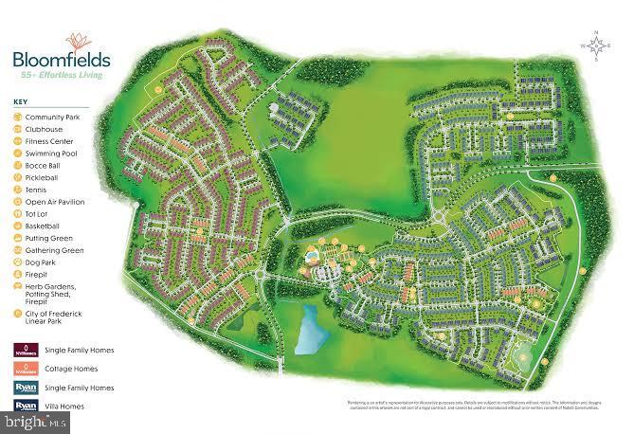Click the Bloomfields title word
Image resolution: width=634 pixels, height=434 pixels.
click(x=60, y=58)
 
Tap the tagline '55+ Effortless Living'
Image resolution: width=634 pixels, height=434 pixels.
click(x=60, y=72)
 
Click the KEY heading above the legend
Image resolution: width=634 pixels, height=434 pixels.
click(x=21, y=102)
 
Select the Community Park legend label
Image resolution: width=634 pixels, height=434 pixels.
click(x=52, y=117)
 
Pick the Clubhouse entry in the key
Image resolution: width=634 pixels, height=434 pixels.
click(x=44, y=129)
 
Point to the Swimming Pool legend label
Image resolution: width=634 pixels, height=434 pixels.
click(x=51, y=153)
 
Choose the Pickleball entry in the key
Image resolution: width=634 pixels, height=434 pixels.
click(x=42, y=177)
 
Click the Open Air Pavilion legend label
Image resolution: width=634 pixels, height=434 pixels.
click(x=55, y=202)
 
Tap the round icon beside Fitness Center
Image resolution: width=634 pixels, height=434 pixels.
click(x=18, y=141)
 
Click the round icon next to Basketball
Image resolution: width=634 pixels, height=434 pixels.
click(x=18, y=226)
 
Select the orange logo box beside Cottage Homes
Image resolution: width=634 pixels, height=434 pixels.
click(x=26, y=368)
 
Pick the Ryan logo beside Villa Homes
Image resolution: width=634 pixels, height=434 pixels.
click(x=26, y=407)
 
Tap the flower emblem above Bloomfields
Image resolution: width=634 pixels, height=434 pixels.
click(x=76, y=41)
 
